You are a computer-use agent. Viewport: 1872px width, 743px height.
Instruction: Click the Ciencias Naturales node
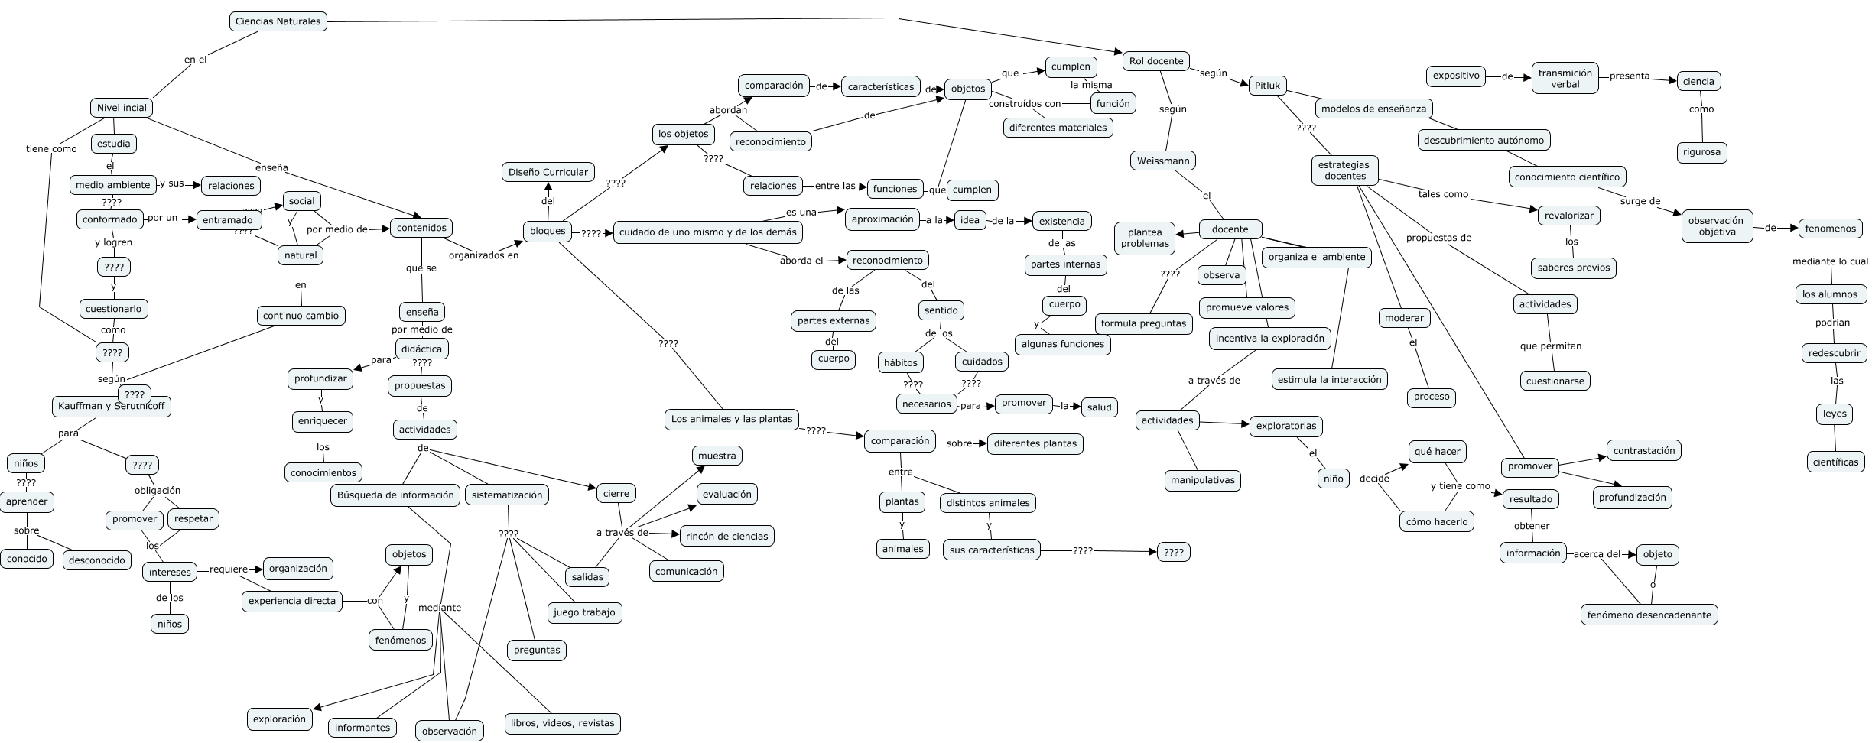coord(278,21)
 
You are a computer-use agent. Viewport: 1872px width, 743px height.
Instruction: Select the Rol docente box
coord(1155,61)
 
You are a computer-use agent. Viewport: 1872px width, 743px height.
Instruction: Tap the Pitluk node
coord(1267,86)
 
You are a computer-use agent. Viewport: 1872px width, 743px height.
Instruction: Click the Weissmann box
coord(1162,161)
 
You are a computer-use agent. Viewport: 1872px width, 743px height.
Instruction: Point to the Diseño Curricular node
coord(548,172)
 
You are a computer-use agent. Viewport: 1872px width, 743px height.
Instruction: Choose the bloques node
coord(548,231)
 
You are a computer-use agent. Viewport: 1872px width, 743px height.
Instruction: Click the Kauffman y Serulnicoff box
coord(112,406)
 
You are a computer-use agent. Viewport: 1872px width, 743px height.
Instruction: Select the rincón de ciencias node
coord(726,536)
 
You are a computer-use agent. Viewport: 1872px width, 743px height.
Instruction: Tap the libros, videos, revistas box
coord(562,723)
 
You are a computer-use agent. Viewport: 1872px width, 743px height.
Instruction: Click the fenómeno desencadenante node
coord(1649,615)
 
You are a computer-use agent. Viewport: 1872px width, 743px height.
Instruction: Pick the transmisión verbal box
coord(1565,79)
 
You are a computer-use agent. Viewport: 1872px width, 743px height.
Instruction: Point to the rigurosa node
coord(1701,152)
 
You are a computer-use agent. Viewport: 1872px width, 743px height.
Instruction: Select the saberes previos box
coord(1573,268)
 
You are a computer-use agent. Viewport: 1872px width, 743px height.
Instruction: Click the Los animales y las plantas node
coord(732,419)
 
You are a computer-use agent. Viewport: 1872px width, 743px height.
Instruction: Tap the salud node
coord(1099,407)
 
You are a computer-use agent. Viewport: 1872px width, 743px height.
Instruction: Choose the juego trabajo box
coord(585,612)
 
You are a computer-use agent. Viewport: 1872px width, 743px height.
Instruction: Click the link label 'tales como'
coord(1443,194)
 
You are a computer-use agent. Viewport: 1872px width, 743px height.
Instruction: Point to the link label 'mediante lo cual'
coord(1829,261)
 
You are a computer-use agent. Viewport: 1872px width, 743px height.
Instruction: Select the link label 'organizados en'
coord(483,255)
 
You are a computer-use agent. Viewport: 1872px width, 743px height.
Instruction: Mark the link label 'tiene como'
coord(51,149)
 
